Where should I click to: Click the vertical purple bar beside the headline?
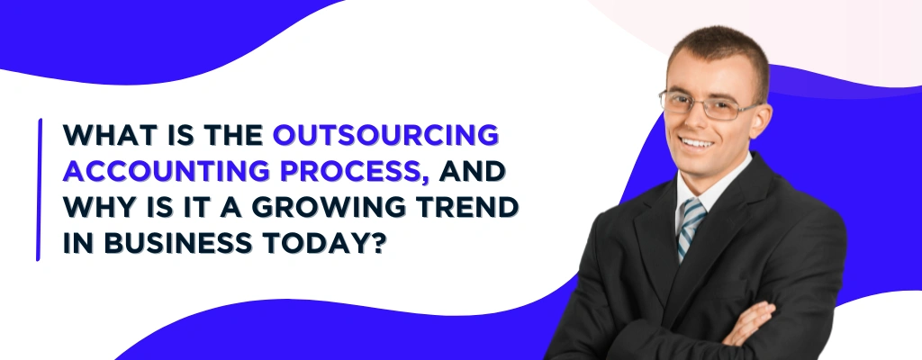(x=39, y=189)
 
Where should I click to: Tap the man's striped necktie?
(x=691, y=225)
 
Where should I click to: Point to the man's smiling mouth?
(x=697, y=142)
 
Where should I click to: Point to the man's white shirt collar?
(x=711, y=193)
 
